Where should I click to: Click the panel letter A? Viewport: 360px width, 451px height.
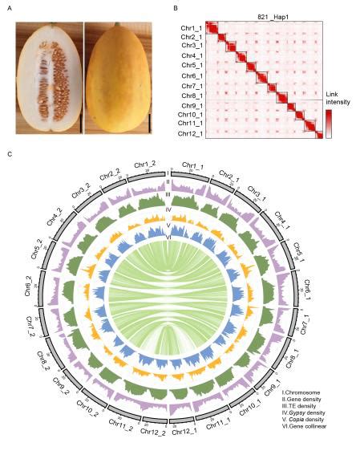(x=9, y=9)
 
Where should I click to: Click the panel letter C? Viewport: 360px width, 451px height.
(x=9, y=154)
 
